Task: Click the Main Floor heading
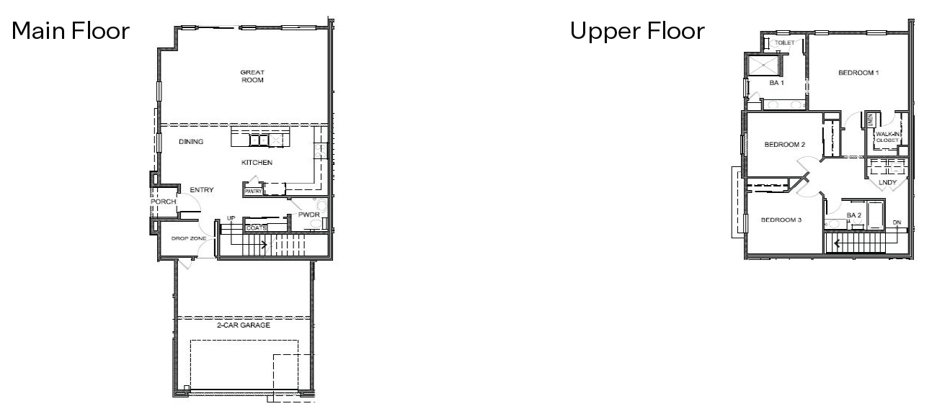coord(70,32)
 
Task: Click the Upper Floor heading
coord(636,32)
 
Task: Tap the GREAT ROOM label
coord(252,76)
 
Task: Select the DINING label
coord(191,142)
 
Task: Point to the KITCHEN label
coord(257,163)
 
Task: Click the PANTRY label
coord(253,192)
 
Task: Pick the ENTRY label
coord(201,190)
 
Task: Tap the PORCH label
coord(163,202)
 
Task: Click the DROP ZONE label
coord(189,238)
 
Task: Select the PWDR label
coord(309,215)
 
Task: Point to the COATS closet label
coord(257,228)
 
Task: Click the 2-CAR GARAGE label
coord(244,325)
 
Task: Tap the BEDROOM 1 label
coord(858,73)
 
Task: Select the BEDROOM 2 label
coord(784,145)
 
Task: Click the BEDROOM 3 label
coord(781,220)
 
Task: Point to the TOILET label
coord(784,43)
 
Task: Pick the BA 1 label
coord(776,83)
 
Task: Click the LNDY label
coord(887,183)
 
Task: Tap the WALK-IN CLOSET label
coord(887,137)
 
